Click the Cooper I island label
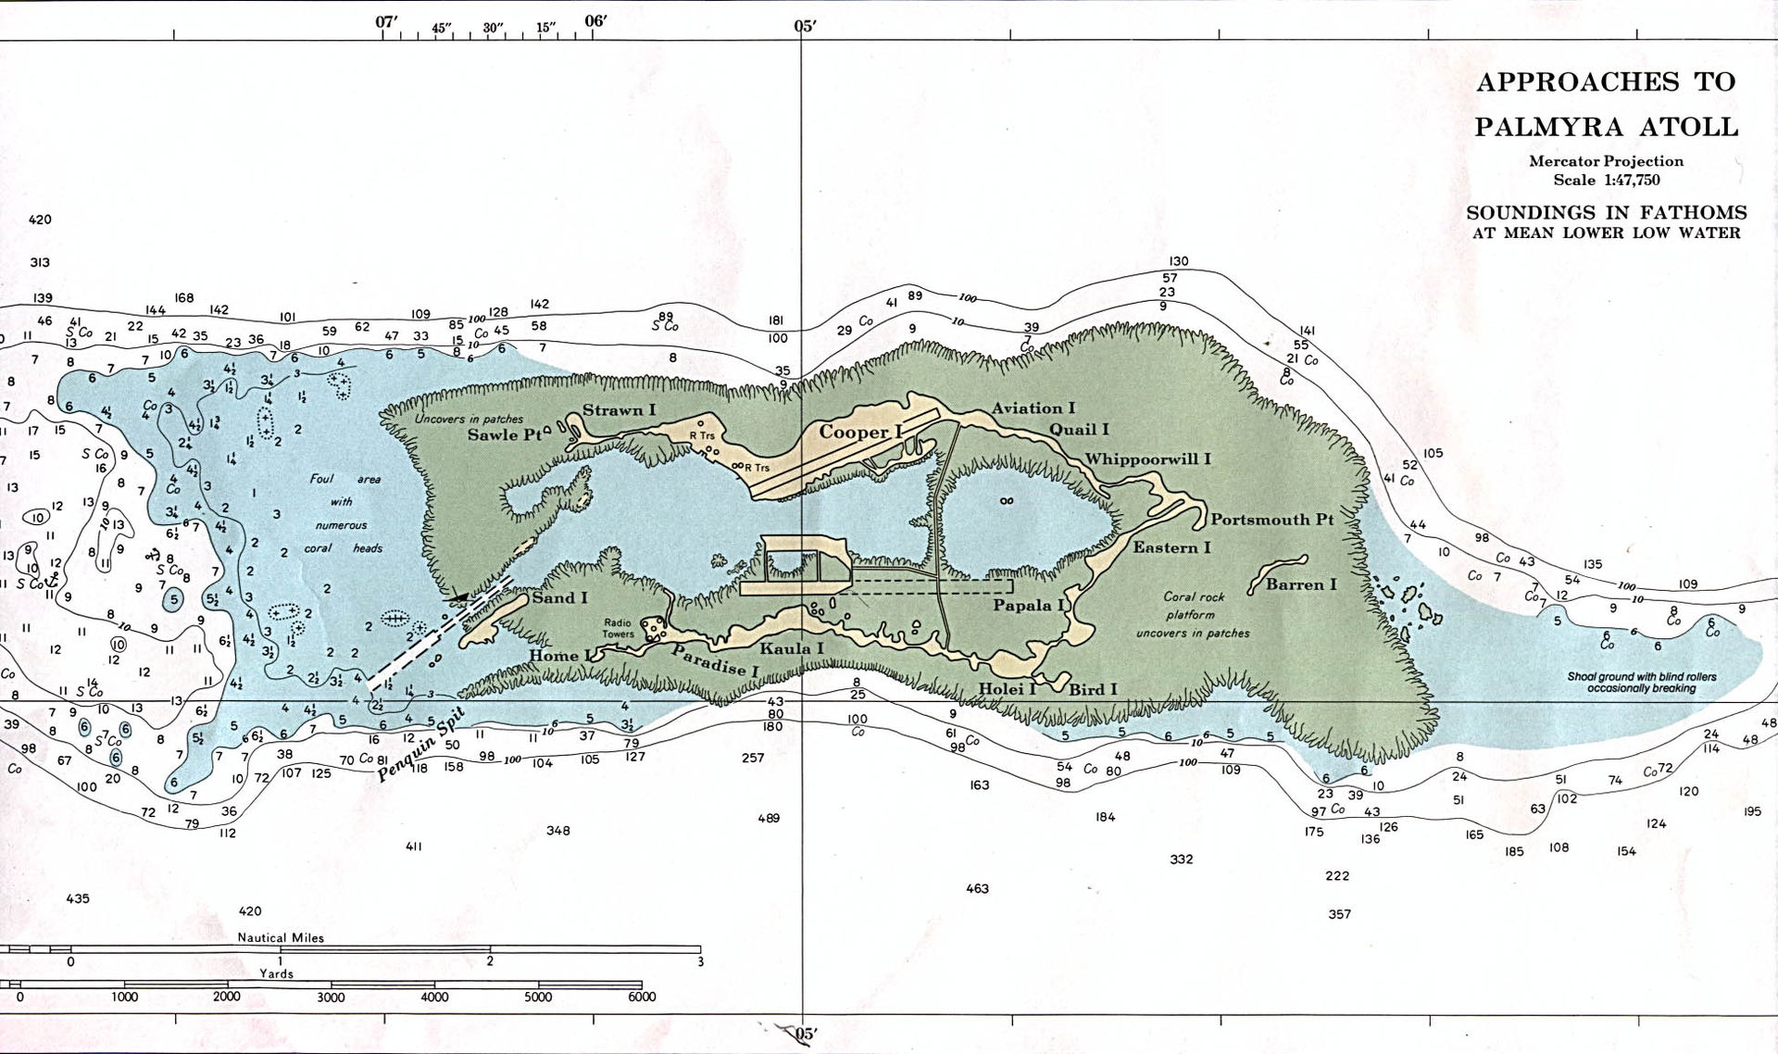point(860,433)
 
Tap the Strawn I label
point(619,410)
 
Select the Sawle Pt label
point(504,434)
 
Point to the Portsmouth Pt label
point(1271,520)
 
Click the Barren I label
point(1301,584)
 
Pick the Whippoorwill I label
point(1147,458)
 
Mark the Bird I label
point(1093,689)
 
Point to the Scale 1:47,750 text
point(1606,180)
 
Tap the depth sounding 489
point(769,818)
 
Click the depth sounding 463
point(977,888)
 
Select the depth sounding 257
point(753,758)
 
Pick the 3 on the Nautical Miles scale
point(700,961)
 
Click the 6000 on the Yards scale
point(641,998)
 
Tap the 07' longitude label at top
point(387,22)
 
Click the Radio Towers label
point(618,629)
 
